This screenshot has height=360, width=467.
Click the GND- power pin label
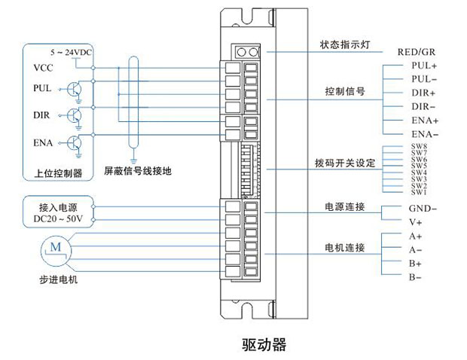click(423, 209)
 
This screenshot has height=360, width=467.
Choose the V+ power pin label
click(415, 222)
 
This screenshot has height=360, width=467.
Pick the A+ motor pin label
click(415, 236)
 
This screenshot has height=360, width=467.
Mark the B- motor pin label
click(415, 278)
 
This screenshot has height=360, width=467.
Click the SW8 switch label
click(420, 146)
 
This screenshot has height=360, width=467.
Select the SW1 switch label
click(420, 193)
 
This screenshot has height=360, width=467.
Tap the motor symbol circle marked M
click(53, 246)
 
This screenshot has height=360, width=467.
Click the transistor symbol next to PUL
click(74, 89)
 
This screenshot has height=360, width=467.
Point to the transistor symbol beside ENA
click(74, 142)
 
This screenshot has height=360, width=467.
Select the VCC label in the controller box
click(44, 68)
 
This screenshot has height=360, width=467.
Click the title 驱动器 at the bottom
click(264, 345)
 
